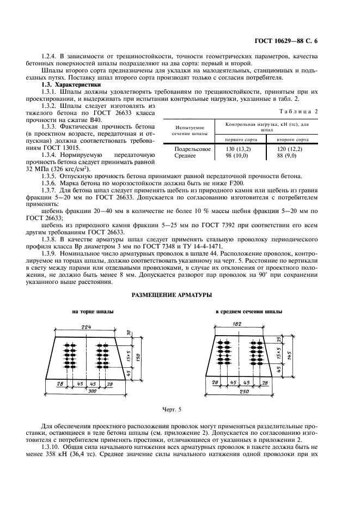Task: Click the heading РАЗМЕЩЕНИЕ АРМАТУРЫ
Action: (173, 294)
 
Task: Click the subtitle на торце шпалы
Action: (93, 312)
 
